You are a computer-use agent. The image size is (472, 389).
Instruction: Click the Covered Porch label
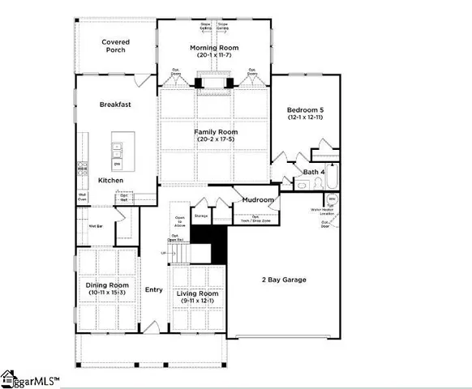click(115, 47)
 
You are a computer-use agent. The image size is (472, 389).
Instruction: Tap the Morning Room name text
click(214, 49)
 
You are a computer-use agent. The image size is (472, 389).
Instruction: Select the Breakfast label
click(115, 105)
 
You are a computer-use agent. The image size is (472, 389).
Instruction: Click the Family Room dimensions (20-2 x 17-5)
click(214, 139)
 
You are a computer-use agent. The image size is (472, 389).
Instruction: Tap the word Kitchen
click(111, 180)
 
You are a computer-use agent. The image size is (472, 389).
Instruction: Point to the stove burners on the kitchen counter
click(82, 169)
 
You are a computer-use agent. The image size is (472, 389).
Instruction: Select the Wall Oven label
click(84, 197)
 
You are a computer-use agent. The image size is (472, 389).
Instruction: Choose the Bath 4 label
click(315, 172)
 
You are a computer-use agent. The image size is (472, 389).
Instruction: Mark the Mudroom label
click(259, 199)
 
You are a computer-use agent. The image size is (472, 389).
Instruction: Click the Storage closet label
click(201, 216)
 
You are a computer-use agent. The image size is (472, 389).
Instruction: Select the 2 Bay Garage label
click(283, 280)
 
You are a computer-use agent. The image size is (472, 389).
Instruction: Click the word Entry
click(153, 289)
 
